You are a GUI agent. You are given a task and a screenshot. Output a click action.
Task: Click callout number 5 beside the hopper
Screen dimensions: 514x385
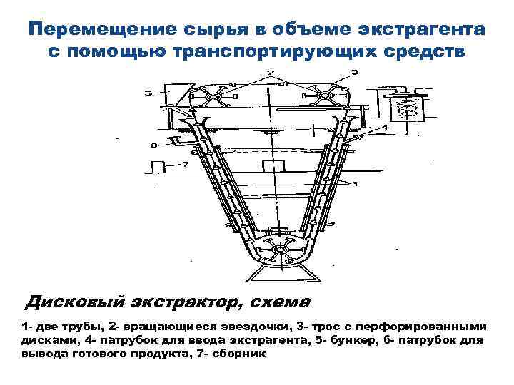coord(147,92)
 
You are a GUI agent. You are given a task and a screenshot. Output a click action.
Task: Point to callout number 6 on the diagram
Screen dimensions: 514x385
coord(152,146)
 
